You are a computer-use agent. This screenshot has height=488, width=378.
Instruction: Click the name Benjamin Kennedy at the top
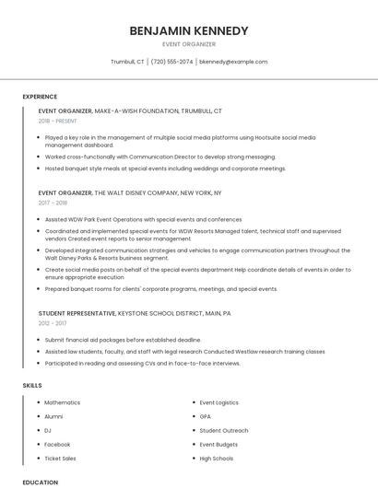(x=189, y=30)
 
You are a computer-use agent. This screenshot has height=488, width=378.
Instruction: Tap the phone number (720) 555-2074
(x=172, y=62)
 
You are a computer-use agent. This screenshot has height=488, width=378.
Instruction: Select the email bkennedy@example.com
(x=234, y=62)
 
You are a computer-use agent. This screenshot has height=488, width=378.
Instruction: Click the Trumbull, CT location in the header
(x=127, y=62)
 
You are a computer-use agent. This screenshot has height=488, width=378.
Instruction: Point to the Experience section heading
(x=40, y=97)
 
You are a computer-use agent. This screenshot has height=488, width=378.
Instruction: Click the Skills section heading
(x=32, y=385)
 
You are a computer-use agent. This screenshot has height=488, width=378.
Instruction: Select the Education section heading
(x=41, y=482)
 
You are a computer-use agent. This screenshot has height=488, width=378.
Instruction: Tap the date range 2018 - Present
(x=58, y=121)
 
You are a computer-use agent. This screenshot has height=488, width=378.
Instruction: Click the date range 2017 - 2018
(x=53, y=203)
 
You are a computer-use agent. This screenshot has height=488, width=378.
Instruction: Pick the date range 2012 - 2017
(x=53, y=323)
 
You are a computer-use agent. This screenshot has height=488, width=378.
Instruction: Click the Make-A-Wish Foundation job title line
(x=130, y=110)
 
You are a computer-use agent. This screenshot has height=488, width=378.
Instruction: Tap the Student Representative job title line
(x=135, y=313)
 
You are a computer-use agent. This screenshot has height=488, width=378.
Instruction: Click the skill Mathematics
(x=63, y=402)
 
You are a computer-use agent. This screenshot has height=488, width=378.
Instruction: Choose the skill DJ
(x=48, y=430)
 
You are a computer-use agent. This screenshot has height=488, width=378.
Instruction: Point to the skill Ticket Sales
(x=60, y=458)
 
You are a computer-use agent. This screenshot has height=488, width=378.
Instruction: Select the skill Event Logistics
(x=219, y=402)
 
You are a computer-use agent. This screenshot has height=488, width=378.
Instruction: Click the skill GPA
(x=206, y=416)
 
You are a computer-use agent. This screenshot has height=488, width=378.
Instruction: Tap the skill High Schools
(x=217, y=458)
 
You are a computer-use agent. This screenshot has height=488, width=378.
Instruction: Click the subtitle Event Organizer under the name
(x=189, y=43)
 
